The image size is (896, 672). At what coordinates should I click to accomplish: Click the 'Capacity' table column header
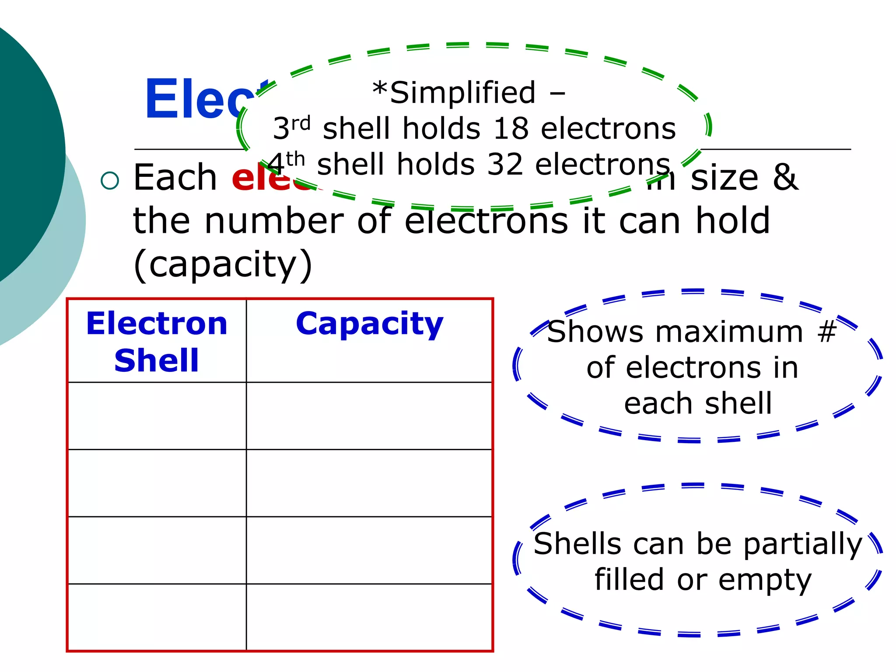point(370,325)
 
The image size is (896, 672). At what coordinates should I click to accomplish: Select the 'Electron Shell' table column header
point(157,342)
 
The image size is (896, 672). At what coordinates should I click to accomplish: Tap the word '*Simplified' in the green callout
point(454,93)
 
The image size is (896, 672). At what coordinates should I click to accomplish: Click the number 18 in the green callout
point(511,129)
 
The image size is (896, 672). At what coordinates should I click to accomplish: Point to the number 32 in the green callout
point(505,165)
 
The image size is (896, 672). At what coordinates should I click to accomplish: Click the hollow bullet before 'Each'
point(109,180)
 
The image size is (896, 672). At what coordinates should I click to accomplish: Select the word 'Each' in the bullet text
point(175,178)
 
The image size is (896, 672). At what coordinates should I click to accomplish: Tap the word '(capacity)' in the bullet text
point(223,265)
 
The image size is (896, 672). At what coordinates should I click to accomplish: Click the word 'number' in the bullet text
point(274,221)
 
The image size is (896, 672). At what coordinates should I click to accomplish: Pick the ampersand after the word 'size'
point(786,178)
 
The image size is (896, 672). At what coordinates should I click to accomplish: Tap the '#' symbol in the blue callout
point(826,331)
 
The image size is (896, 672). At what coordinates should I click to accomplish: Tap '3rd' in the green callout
point(291,128)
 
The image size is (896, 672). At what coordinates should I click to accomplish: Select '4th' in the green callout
point(286,164)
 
